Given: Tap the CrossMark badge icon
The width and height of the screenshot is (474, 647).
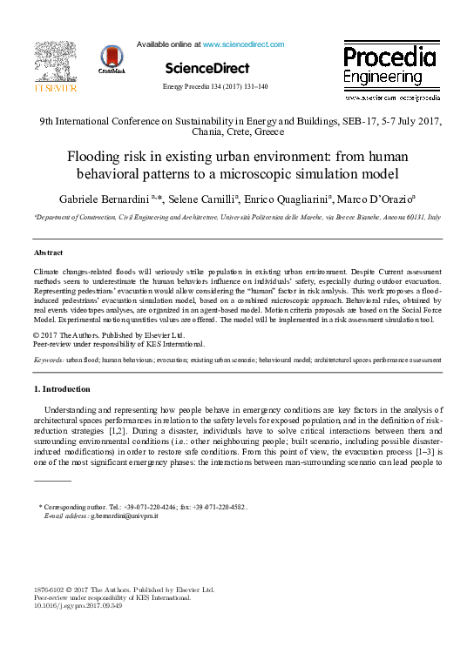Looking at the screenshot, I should pos(112,61).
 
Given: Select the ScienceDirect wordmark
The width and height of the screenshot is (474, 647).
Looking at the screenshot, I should pos(207,68).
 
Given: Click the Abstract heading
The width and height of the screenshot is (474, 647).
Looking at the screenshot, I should pos(48,253).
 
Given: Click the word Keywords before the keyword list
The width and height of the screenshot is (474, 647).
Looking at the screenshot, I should pos(48,359).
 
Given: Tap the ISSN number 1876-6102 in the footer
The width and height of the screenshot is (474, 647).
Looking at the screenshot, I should pos(51,590).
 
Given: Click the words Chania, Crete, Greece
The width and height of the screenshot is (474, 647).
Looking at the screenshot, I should pos(236,132).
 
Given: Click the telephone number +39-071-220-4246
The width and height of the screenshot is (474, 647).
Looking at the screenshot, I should pos(162,506).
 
